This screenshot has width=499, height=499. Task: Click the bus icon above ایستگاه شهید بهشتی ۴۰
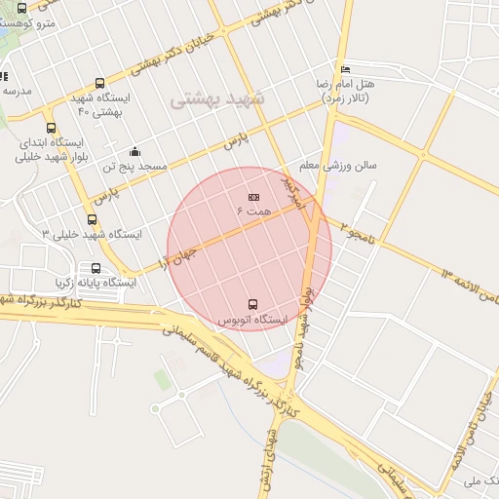[x=100, y=84]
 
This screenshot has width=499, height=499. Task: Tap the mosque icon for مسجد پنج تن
[x=134, y=152]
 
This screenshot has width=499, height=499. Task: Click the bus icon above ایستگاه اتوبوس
[x=253, y=304]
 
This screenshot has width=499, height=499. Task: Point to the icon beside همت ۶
[x=254, y=198]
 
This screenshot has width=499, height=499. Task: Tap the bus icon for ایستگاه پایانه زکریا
[x=96, y=268]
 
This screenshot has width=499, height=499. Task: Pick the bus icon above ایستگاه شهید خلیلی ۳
[x=92, y=220]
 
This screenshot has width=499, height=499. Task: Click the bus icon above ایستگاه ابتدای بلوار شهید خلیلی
[x=51, y=128]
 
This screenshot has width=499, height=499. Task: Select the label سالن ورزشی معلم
[x=337, y=166]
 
